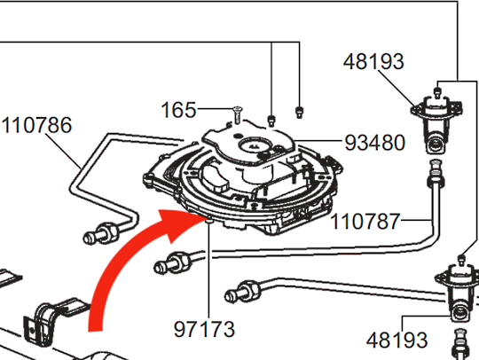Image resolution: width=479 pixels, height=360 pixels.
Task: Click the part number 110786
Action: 36,125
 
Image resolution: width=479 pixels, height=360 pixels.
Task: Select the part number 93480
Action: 376,142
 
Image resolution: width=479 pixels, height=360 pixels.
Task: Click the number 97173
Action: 206,329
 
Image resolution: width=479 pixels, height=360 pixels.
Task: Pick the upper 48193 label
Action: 373,62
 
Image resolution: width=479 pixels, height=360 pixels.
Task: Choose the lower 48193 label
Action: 397,340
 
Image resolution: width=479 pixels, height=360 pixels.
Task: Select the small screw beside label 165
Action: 239,113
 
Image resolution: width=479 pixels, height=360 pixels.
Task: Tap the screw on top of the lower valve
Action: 462,261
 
